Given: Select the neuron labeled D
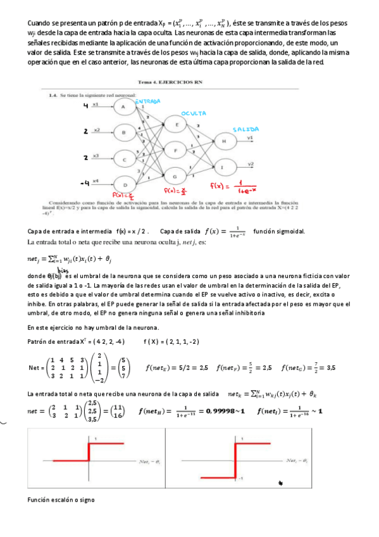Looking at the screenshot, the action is pos(124,185).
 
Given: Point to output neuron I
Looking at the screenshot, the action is pos(224,167).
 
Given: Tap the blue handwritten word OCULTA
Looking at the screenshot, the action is pos(194,114).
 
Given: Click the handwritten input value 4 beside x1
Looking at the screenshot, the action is pos(85,106).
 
